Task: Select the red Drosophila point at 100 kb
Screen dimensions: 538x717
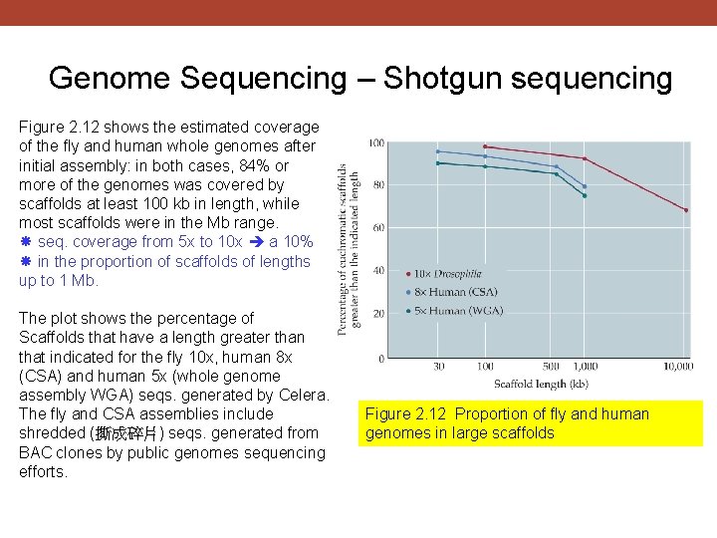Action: pos(485,146)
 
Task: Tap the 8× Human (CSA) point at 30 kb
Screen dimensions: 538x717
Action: pos(438,151)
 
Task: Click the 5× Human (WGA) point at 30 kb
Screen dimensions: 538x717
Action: pos(438,162)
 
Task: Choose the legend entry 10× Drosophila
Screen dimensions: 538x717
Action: pos(448,273)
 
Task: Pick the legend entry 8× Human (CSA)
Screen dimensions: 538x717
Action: pos(456,292)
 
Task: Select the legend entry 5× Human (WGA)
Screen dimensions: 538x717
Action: pos(457,311)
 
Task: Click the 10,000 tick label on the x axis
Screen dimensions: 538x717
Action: pos(677,368)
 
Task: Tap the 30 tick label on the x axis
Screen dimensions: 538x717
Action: pos(438,368)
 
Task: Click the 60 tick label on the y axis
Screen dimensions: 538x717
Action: pos(377,228)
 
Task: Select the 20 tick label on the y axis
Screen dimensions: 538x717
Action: pos(377,314)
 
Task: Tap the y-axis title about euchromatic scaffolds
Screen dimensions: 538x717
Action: pos(349,249)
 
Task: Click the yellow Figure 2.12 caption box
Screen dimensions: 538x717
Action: pos(532,423)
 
